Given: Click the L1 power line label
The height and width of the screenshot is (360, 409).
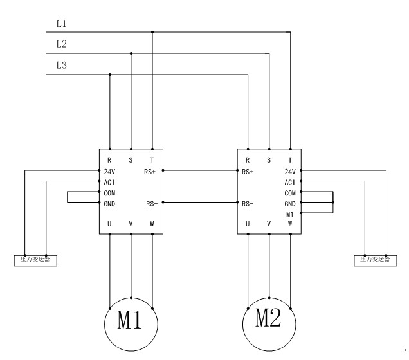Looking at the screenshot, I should point(62,24).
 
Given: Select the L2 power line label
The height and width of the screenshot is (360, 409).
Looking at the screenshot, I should point(62,45).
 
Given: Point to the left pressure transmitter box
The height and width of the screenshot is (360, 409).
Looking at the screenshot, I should point(35,260).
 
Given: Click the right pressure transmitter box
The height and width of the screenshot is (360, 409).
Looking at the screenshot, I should point(375,260).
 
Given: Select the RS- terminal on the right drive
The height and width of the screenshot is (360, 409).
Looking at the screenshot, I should point(247,204).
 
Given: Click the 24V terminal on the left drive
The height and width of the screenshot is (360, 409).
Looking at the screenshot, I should point(109,172).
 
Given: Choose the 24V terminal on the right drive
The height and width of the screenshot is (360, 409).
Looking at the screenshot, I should point(290,172).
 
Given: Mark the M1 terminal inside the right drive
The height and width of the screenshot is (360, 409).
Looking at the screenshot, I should point(290,213).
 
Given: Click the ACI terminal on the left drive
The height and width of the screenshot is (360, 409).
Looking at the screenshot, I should point(109,182).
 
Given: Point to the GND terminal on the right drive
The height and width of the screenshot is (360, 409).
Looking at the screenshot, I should point(290,203).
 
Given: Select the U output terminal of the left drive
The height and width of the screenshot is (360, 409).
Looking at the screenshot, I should point(110,224).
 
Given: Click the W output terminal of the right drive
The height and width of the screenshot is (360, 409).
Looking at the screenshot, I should point(291,224).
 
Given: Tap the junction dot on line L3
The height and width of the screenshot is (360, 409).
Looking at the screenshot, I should point(110,75).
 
